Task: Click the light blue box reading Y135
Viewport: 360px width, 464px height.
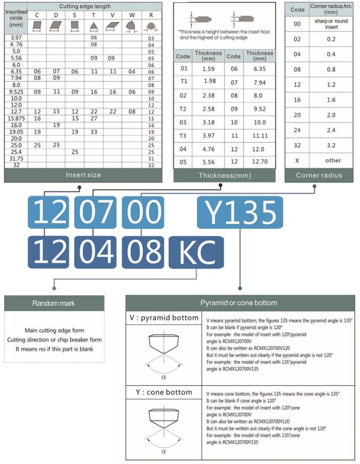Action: coord(240,212)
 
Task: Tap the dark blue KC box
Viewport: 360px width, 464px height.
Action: coord(196,251)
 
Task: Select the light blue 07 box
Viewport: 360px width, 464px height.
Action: coord(95,212)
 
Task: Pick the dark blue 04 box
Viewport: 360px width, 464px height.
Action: coord(95,251)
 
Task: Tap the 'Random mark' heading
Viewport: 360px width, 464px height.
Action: coord(54,303)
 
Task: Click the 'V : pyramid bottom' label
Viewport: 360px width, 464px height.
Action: coord(163,318)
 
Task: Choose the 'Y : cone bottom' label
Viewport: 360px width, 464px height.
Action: coord(163,392)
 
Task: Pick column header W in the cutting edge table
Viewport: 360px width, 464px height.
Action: coord(131,15)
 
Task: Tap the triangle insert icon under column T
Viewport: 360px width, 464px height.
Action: coord(94,26)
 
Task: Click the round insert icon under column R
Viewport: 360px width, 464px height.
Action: coord(151,26)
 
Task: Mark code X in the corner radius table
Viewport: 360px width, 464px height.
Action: coord(297,160)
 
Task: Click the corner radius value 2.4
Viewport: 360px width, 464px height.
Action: coord(331,130)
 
